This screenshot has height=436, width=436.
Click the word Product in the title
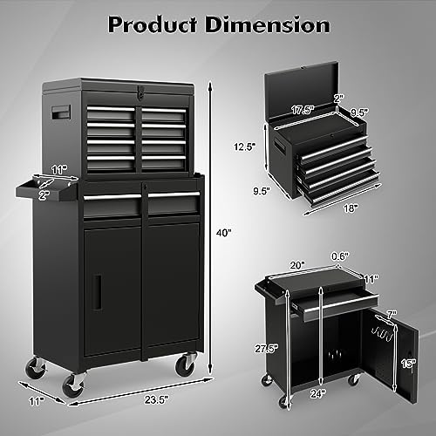pyautogui.click(x=153, y=24)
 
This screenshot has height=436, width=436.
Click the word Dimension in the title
pyautogui.click(x=268, y=24)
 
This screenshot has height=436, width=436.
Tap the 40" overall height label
pyautogui.click(x=224, y=233)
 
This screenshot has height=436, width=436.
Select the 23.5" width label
pyautogui.click(x=157, y=399)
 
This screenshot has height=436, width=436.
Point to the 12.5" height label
pyautogui.click(x=245, y=146)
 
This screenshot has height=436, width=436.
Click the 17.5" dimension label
pyautogui.click(x=303, y=110)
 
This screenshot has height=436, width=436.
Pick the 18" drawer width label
pyautogui.click(x=351, y=208)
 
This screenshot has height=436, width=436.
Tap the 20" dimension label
pyautogui.click(x=297, y=265)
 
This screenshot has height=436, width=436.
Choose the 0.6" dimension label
pyautogui.click(x=340, y=256)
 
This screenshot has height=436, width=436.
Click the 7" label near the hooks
pyautogui.click(x=392, y=314)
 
